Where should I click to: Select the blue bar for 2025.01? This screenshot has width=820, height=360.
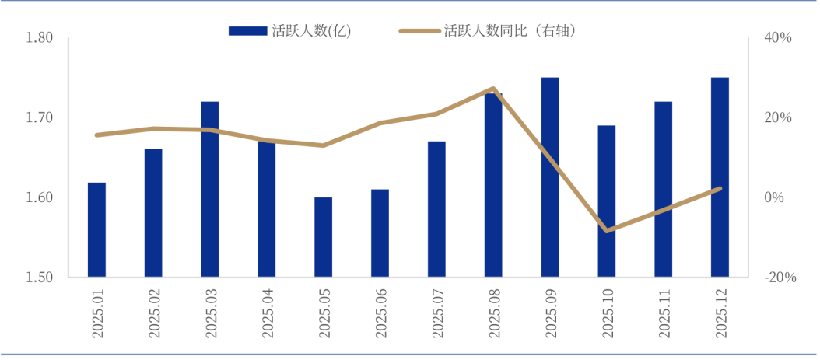[x=96, y=230]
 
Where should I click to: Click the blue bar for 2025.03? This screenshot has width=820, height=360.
[x=210, y=189]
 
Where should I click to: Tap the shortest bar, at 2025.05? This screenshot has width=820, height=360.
[x=323, y=237]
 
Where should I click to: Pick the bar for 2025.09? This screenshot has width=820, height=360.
[x=550, y=177]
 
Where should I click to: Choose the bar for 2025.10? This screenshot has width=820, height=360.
[x=607, y=201]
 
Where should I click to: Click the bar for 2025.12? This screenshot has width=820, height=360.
[x=720, y=177]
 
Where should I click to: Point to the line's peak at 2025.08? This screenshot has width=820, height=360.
[x=493, y=89]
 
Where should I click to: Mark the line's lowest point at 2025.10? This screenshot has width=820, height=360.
[x=607, y=231]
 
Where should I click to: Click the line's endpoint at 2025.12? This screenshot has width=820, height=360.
[x=720, y=188]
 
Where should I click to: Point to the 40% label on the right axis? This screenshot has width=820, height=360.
[x=777, y=38]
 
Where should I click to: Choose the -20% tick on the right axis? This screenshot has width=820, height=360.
[x=780, y=278]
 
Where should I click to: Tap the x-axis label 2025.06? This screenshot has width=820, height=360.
[x=380, y=313]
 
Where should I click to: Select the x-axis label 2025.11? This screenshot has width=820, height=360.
[x=664, y=313]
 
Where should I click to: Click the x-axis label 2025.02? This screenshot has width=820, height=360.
[x=154, y=313]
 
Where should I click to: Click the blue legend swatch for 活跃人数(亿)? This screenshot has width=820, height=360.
[x=248, y=31]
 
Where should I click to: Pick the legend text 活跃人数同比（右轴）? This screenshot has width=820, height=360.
[x=510, y=31]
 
